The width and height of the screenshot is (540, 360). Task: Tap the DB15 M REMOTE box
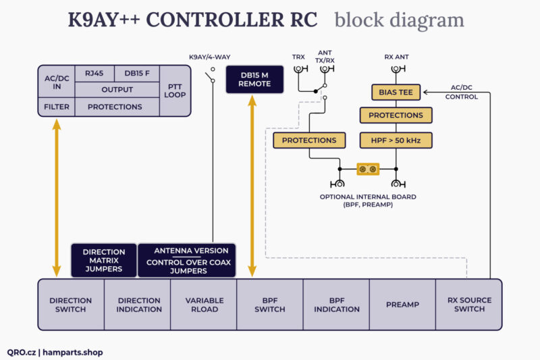point(254,79)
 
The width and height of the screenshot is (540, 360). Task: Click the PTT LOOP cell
point(175,91)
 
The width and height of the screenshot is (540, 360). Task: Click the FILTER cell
point(57,107)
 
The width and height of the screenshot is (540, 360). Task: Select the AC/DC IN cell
point(57,82)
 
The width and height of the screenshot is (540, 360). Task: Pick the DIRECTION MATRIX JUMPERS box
point(104,260)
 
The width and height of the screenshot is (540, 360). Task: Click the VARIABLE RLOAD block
point(204,305)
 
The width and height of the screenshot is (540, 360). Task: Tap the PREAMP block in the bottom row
point(403,305)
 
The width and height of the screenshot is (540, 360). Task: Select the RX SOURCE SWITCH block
point(469,305)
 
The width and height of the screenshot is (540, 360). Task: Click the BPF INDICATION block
point(336,305)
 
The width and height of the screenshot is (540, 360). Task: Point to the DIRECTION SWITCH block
point(71,305)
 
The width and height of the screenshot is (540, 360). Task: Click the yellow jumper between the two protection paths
point(368,168)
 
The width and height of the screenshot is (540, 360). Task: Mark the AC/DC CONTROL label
point(462,92)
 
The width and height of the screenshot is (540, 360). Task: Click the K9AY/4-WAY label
point(211,57)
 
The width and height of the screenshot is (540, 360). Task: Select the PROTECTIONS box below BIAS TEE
point(396,115)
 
